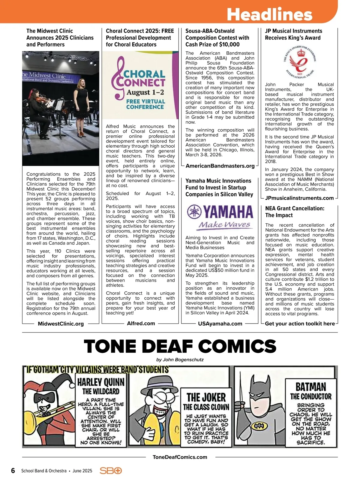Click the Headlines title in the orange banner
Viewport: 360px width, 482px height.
click(x=269, y=14)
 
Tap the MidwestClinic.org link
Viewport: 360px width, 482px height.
click(x=61, y=324)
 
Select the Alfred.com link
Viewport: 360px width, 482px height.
click(x=141, y=323)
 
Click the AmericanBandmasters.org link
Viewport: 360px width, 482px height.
click(x=220, y=166)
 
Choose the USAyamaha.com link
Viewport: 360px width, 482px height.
click(x=220, y=324)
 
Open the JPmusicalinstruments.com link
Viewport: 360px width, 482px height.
click(x=299, y=198)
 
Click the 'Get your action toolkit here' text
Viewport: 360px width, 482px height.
click(x=300, y=324)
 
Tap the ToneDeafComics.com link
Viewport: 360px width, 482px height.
click(x=180, y=457)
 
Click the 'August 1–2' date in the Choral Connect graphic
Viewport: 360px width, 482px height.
click(x=145, y=92)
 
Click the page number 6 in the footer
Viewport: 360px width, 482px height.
click(x=13, y=470)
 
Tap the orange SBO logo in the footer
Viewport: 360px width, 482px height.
click(x=111, y=470)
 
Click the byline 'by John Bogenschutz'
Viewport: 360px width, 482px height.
click(x=180, y=360)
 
